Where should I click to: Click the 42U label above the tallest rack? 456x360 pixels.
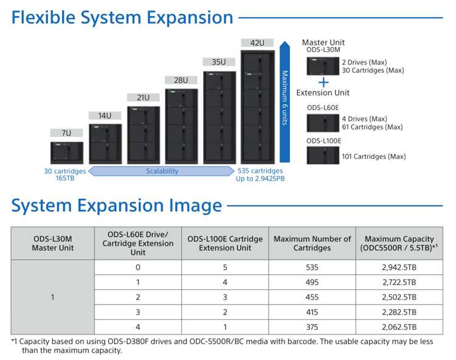click(x=257, y=43)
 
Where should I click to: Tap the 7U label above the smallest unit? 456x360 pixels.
click(x=66, y=133)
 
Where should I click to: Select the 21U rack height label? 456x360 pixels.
click(x=143, y=97)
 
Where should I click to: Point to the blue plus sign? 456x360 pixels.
click(x=323, y=83)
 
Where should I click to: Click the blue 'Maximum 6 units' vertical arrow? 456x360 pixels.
click(x=285, y=102)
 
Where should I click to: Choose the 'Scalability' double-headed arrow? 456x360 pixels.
click(x=161, y=171)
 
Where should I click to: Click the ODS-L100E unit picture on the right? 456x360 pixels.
click(x=323, y=155)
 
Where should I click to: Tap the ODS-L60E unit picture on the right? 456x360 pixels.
click(x=323, y=123)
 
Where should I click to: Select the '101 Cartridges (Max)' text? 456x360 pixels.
click(x=374, y=156)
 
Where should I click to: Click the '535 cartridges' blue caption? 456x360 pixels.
click(x=260, y=171)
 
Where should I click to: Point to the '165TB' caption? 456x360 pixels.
click(x=65, y=178)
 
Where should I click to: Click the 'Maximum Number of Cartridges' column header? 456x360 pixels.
click(x=312, y=243)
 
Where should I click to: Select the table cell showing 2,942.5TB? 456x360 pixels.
click(x=399, y=267)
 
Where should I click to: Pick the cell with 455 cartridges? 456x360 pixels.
click(x=312, y=297)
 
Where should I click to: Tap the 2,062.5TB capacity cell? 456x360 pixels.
click(x=399, y=327)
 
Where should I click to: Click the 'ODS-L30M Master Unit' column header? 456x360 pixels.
click(x=53, y=243)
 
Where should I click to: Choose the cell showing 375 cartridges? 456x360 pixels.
click(x=312, y=327)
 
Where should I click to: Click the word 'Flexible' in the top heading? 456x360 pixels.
click(x=44, y=18)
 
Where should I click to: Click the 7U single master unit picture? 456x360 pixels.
click(x=67, y=153)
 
